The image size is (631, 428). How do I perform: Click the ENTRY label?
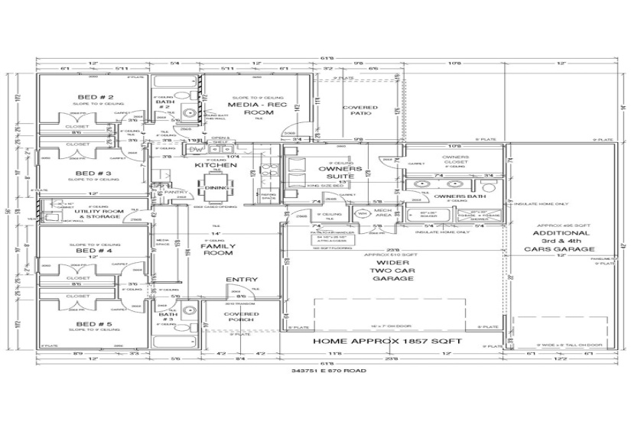[242, 280]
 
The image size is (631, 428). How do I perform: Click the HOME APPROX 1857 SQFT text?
[391, 341]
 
